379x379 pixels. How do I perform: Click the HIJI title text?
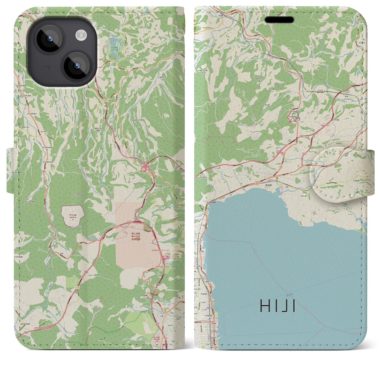click(x=277, y=306)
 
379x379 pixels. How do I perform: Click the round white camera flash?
click(x=81, y=36)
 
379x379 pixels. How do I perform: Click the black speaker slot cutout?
click(x=279, y=20)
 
